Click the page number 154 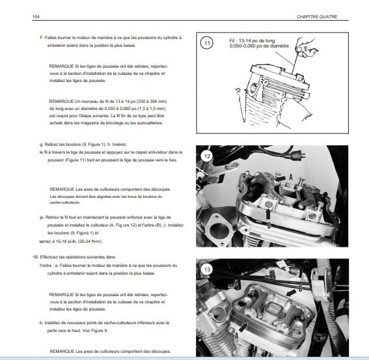point(36,17)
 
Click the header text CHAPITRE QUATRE point(317,17)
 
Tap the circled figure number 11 point(207,43)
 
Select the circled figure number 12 point(207,156)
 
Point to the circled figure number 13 point(207,270)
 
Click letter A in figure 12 point(291,177)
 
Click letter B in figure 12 point(269,225)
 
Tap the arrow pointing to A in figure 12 point(280,179)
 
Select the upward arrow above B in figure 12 point(268,214)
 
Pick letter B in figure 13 point(300,288)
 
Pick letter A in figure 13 point(236,336)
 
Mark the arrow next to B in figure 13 point(292,293)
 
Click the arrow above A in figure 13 point(243,327)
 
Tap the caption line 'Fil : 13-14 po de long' point(252,41)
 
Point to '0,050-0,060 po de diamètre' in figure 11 point(259,46)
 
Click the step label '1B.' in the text point(36,257)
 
